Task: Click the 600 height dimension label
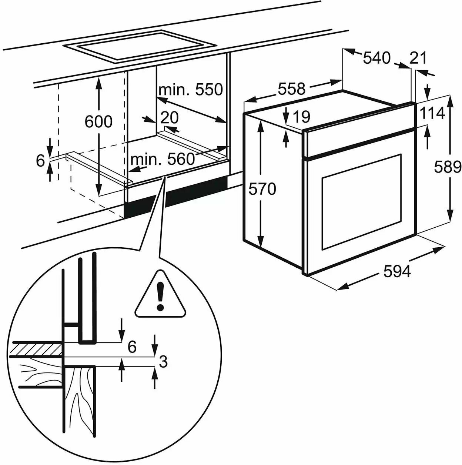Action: (x=98, y=121)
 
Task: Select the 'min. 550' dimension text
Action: (x=191, y=90)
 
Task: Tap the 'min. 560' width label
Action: (x=163, y=159)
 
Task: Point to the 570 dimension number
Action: (x=262, y=189)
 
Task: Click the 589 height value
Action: (x=448, y=167)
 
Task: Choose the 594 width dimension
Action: (x=397, y=272)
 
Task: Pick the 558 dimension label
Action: (x=292, y=89)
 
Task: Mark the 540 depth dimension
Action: (x=376, y=58)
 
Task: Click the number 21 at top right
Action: (x=418, y=58)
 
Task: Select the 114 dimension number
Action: (x=432, y=113)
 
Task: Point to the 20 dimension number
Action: (x=170, y=118)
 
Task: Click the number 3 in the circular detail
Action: (x=163, y=361)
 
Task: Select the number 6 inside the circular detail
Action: (x=132, y=347)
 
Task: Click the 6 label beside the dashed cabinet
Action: (x=40, y=161)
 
